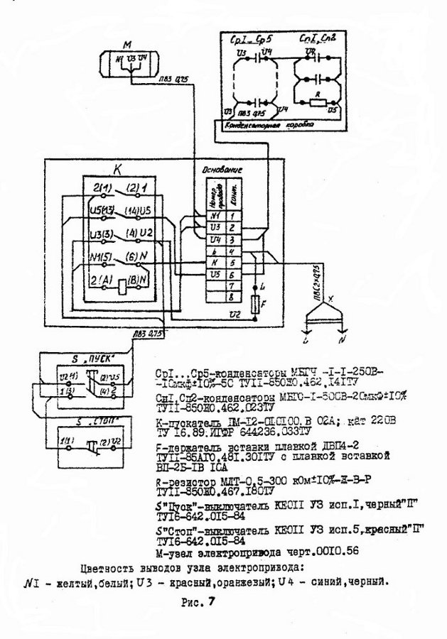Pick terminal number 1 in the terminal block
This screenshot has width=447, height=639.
[230, 214]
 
